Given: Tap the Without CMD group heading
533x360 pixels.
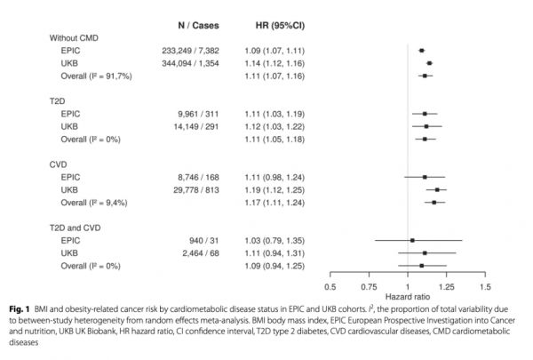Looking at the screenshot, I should click(76, 38).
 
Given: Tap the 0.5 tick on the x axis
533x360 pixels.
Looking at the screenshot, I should click(330, 286).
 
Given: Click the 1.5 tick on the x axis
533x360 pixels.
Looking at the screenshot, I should click(484, 286).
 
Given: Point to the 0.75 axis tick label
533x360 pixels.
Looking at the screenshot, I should click(369, 286).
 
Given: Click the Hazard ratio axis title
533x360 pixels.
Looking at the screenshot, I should click(408, 297).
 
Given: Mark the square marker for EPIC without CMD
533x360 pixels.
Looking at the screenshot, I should click(421, 51).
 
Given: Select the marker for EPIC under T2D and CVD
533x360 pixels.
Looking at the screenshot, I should click(412, 240).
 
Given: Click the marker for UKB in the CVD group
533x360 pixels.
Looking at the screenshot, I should click(436, 189).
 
